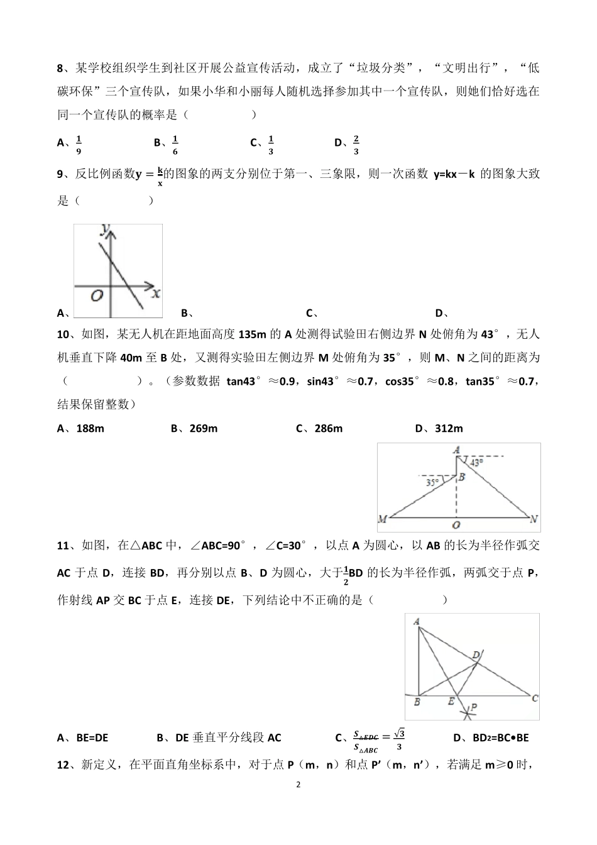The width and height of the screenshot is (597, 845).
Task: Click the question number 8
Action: click(x=60, y=68)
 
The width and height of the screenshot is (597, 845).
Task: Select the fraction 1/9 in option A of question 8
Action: click(x=79, y=144)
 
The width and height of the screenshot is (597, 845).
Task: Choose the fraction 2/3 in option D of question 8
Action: click(x=356, y=144)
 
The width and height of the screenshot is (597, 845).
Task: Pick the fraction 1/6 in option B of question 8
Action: click(x=175, y=144)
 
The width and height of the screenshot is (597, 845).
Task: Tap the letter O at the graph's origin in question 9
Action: click(x=97, y=295)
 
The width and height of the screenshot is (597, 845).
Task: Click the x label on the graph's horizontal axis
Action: click(x=156, y=293)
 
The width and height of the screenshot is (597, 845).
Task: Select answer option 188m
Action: click(x=90, y=429)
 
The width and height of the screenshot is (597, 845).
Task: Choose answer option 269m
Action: click(x=203, y=429)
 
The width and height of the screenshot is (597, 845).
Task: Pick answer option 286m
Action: click(x=328, y=429)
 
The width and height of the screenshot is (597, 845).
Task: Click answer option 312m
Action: click(x=448, y=429)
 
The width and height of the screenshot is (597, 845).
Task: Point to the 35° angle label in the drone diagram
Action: click(x=432, y=483)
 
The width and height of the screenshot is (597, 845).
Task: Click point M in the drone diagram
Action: click(x=382, y=519)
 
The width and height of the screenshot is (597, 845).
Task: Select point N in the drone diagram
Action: click(x=534, y=519)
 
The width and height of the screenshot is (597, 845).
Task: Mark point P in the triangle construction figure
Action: click(x=473, y=707)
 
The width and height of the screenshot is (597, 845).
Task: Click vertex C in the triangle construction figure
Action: click(x=535, y=698)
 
